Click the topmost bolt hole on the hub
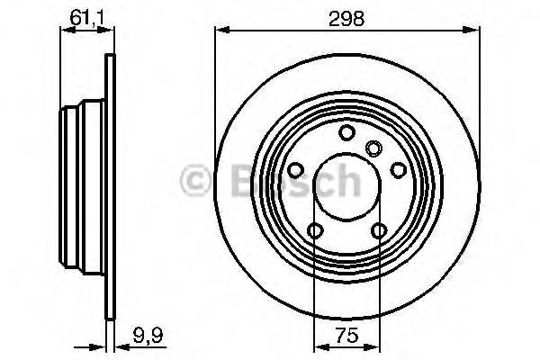pos(346,133)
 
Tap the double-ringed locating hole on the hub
pos(374,148)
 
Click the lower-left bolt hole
pos(314,231)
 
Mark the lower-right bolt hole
pos(379,231)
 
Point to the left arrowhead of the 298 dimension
pos(220,31)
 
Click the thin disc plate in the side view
pos(111,180)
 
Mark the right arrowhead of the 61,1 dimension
pos(111,31)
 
